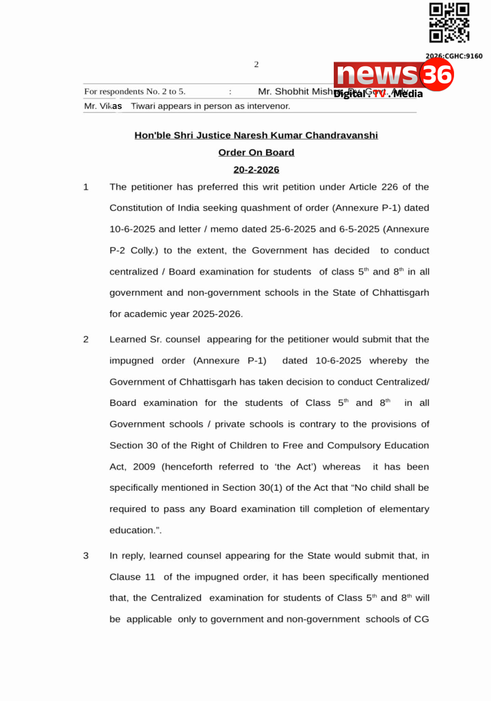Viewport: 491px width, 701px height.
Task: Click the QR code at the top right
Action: click(449, 24)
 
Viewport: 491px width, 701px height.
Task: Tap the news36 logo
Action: click(394, 75)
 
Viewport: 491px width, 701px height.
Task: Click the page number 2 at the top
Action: click(256, 65)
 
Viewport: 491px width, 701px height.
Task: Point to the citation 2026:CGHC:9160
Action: click(454, 56)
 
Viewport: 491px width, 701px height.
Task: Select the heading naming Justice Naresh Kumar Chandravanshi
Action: click(256, 136)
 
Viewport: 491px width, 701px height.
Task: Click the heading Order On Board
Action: click(256, 153)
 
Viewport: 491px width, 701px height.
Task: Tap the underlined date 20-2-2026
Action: click(256, 170)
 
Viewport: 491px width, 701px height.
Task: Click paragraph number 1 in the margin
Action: click(86, 187)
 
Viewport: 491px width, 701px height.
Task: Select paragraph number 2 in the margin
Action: click(86, 340)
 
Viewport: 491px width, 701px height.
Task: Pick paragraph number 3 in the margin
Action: click(86, 556)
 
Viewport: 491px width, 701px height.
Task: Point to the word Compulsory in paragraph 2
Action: click(357, 446)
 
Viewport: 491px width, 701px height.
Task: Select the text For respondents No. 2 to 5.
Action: click(135, 92)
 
